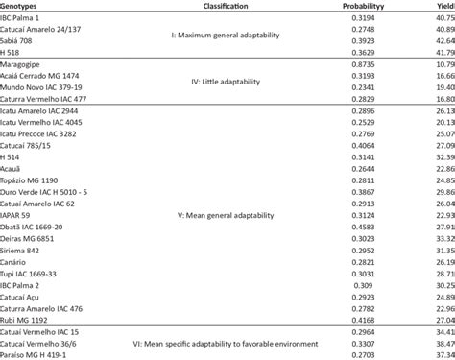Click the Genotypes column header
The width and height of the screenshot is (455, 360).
coord(25,5)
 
